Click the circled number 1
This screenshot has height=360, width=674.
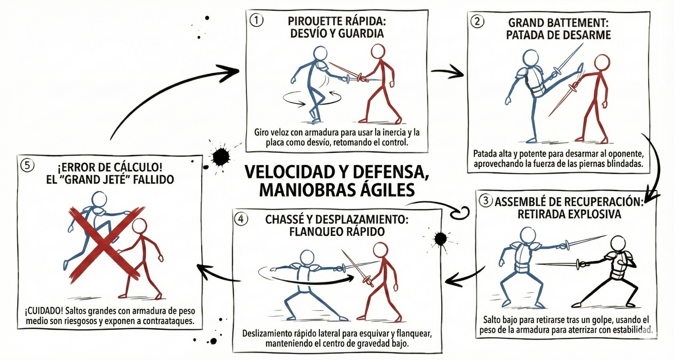pyautogui.click(x=256, y=21)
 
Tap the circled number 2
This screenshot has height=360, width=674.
pyautogui.click(x=477, y=22)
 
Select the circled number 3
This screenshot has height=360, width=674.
pyautogui.click(x=486, y=201)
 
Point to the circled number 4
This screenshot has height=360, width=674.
pyautogui.click(x=241, y=219)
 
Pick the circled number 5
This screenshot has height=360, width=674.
pyautogui.click(x=27, y=166)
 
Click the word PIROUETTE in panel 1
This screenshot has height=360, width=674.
pyautogui.click(x=311, y=21)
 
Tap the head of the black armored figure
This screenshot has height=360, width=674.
pyautogui.click(x=618, y=242)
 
